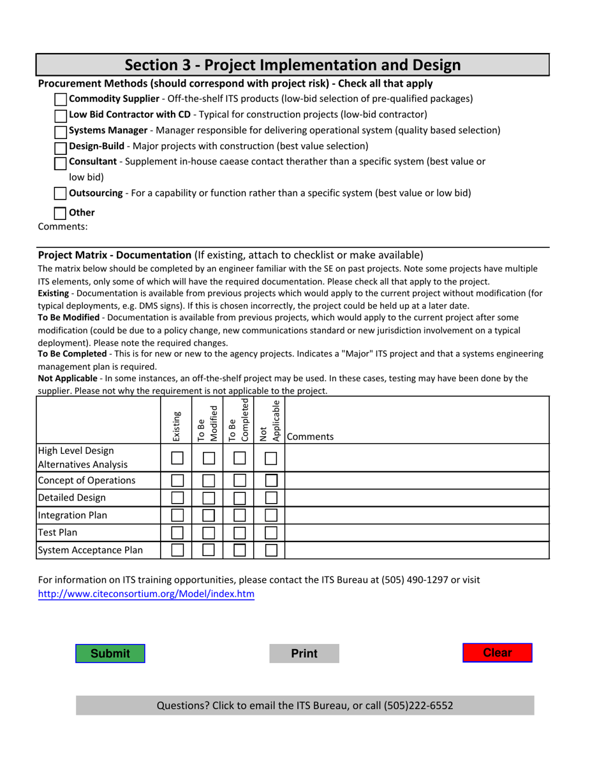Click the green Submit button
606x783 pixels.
click(110, 654)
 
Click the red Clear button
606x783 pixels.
click(497, 654)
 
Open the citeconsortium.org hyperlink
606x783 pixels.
click(146, 594)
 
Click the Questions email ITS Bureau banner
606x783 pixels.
click(305, 705)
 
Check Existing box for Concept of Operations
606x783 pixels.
click(177, 481)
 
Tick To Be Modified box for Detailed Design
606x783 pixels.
click(208, 498)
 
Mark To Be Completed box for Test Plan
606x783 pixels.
click(239, 532)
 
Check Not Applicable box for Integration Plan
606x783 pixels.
click(270, 515)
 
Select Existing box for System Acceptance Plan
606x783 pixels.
click(177, 550)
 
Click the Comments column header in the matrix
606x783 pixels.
click(310, 437)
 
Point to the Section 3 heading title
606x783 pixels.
click(292, 65)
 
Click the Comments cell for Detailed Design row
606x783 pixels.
click(416, 498)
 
